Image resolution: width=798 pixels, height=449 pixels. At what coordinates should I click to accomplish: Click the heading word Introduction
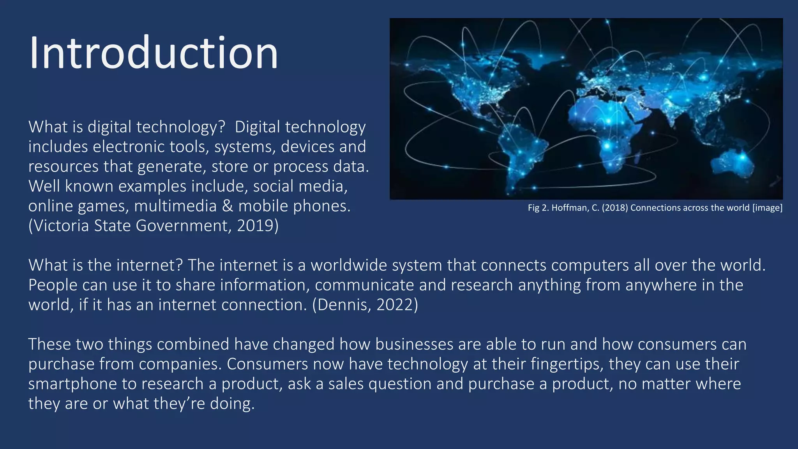click(x=154, y=53)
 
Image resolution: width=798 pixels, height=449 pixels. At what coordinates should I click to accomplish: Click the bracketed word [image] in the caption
click(x=767, y=208)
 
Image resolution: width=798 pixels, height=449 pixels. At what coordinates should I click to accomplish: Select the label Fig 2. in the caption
click(x=538, y=208)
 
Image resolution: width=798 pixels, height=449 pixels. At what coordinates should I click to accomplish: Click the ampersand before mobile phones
click(x=228, y=206)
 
